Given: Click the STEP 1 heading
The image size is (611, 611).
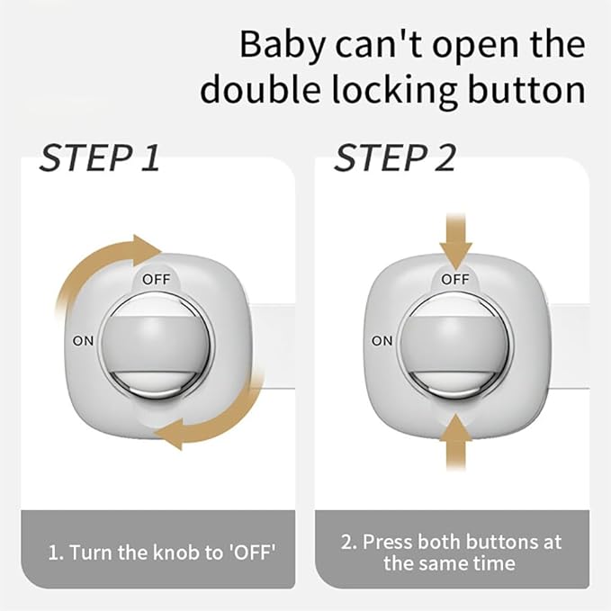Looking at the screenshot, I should (99, 159).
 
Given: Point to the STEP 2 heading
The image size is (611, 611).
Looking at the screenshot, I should (395, 159).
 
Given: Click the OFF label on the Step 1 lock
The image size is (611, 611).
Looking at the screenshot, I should (156, 279).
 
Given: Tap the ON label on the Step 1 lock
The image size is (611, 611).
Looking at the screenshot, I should (83, 341).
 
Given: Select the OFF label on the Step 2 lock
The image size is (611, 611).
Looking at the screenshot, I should (455, 279).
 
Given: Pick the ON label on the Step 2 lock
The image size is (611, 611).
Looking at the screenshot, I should (382, 341).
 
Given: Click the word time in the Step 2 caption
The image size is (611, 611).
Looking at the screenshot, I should (496, 564).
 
